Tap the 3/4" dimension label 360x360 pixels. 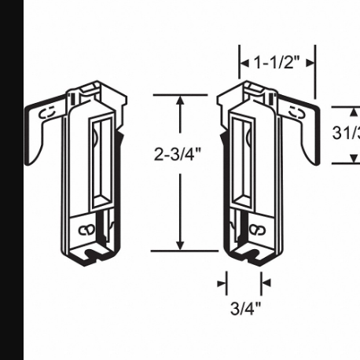pos(245,307)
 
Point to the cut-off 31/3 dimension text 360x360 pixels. pos(346,133)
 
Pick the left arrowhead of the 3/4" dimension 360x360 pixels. pos(223,282)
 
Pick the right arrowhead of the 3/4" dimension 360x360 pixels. pos(265,282)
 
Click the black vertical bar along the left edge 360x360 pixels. pos(11,180)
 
